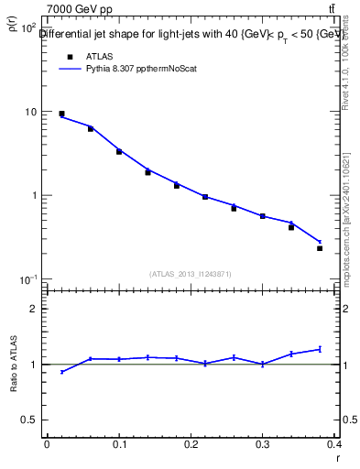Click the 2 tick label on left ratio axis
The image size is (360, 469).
tap(33, 309)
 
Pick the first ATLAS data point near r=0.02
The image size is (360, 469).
tap(61, 115)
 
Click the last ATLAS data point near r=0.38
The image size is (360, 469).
tap(320, 248)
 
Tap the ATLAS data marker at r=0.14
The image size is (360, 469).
tap(147, 172)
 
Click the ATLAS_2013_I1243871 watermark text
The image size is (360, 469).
tap(191, 274)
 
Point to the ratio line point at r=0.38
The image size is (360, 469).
tap(320, 349)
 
